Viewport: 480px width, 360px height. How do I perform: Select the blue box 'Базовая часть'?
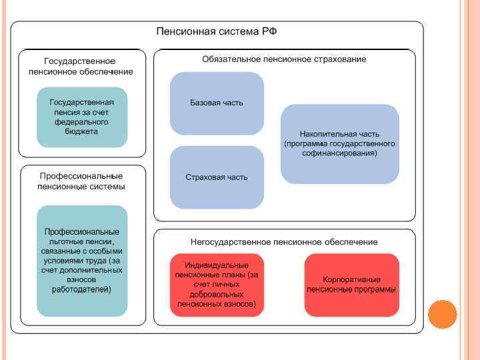pyautogui.click(x=217, y=103)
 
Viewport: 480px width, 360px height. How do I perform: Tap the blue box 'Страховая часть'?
pyautogui.click(x=217, y=177)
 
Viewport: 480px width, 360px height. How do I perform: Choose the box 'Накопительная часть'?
pyautogui.click(x=339, y=143)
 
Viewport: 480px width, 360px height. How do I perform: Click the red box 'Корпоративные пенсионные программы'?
pyautogui.click(x=351, y=285)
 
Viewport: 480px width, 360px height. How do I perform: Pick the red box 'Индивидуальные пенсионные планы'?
pyautogui.click(x=217, y=285)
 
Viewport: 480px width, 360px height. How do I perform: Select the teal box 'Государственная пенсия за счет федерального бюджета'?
pyautogui.click(x=82, y=117)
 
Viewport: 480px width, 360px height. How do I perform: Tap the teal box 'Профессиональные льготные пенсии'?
pyautogui.click(x=82, y=260)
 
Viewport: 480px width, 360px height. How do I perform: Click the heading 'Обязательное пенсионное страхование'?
pyautogui.click(x=284, y=59)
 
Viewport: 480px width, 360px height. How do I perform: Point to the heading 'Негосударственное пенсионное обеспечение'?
pyautogui.click(x=284, y=241)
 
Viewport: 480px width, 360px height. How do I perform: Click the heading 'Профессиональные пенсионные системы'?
pyautogui.click(x=81, y=181)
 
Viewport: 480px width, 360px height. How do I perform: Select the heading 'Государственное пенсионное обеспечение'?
pyautogui.click(x=81, y=67)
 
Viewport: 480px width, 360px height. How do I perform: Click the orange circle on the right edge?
pyautogui.click(x=442, y=314)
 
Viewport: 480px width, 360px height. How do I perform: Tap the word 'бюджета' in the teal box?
pyautogui.click(x=82, y=132)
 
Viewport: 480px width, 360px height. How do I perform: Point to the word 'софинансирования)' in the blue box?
pyautogui.click(x=339, y=153)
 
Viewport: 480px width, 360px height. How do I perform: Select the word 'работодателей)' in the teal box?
pyautogui.click(x=82, y=289)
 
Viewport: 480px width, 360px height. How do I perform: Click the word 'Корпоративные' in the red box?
pyautogui.click(x=351, y=279)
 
